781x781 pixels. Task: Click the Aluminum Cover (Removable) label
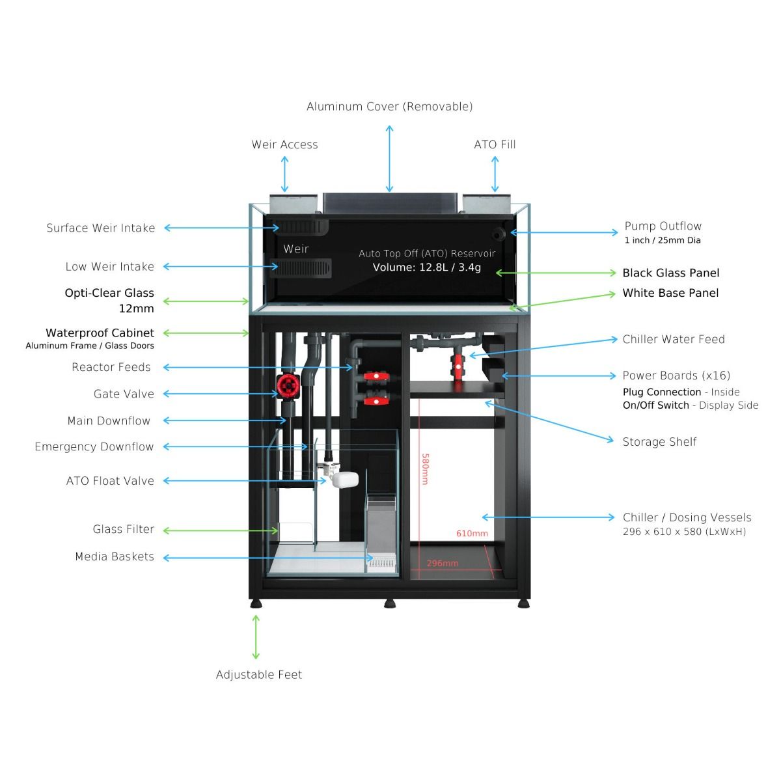click(x=389, y=107)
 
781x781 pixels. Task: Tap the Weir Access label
click(x=284, y=144)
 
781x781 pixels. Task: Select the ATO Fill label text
click(x=495, y=144)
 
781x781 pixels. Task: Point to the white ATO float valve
click(x=344, y=480)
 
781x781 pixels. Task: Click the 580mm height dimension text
click(x=425, y=469)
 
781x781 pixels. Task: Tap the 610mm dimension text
click(x=472, y=534)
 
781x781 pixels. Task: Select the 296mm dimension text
click(x=442, y=564)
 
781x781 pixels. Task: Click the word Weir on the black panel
click(x=296, y=249)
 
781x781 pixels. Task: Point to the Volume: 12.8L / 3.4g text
click(x=427, y=267)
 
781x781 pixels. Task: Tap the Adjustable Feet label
click(x=258, y=675)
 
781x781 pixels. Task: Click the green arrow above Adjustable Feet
click(x=256, y=637)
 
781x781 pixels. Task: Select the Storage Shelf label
click(x=659, y=442)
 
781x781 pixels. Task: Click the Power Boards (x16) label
click(x=676, y=376)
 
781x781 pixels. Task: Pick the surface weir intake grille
click(x=303, y=227)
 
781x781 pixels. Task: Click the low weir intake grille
click(x=301, y=268)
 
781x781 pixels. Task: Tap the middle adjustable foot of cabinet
click(x=389, y=603)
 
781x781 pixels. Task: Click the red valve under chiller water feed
click(x=458, y=366)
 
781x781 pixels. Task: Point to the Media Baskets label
click(x=115, y=556)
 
